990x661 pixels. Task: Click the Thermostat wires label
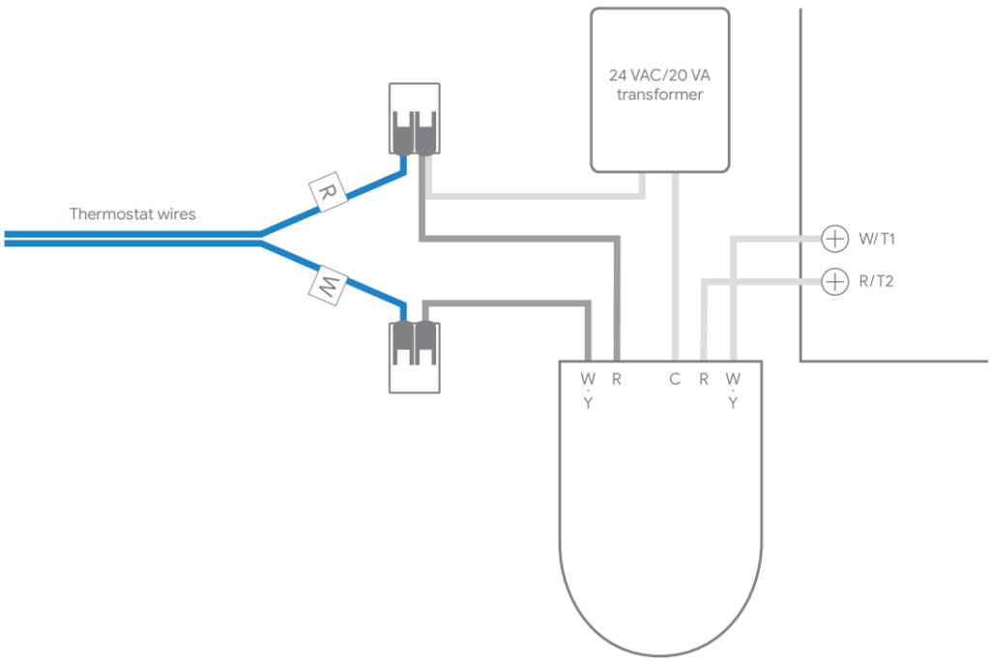click(132, 214)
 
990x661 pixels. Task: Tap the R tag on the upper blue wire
click(328, 192)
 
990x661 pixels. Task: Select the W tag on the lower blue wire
click(327, 285)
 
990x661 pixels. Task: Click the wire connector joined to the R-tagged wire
click(415, 120)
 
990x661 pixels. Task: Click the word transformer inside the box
click(659, 95)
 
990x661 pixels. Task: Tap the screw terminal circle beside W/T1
click(833, 238)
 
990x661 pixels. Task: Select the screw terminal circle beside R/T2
click(833, 281)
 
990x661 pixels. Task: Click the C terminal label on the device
click(675, 379)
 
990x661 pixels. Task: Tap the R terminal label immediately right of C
click(704, 379)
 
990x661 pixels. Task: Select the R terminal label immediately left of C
click(617, 379)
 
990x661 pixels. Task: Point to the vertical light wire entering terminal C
click(675, 271)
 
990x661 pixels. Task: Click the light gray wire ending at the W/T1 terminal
click(773, 238)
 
